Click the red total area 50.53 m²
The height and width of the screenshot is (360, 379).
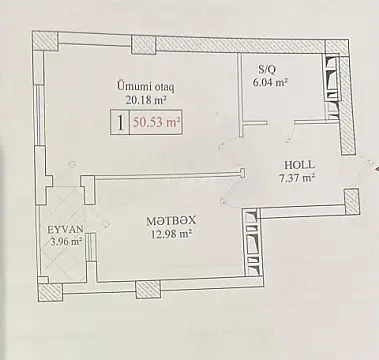point(157,123)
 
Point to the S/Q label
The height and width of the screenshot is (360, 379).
point(267,69)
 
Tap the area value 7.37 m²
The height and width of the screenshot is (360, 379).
point(297,180)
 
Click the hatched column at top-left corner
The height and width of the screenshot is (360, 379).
point(46,43)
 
